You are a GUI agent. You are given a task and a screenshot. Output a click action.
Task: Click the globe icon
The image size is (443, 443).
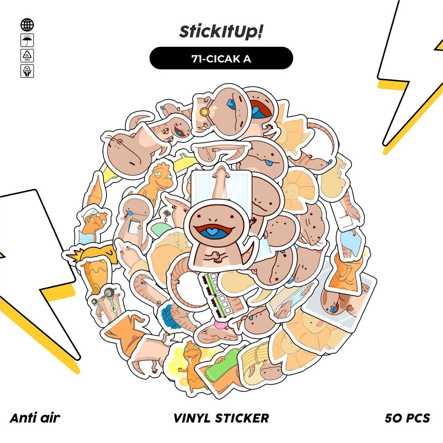click(27, 25)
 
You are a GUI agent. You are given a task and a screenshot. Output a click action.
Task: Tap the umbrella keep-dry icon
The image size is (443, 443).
click(27, 40)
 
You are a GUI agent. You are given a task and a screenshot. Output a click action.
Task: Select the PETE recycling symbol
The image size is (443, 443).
click(27, 55)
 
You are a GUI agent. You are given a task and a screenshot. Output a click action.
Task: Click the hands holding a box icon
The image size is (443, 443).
click(27, 71)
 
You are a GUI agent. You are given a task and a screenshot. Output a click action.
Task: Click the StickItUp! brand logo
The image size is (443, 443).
click(221, 32)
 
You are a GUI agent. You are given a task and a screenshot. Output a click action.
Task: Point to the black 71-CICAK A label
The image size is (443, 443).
click(221, 58)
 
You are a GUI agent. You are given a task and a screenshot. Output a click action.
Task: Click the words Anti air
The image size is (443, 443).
click(35, 418)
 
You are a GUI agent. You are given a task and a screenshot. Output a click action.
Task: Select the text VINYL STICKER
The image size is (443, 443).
click(221, 418)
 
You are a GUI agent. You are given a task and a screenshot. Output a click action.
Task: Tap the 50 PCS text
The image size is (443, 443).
click(407, 418)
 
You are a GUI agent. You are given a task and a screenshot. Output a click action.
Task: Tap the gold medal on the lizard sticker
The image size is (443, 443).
click(205, 112)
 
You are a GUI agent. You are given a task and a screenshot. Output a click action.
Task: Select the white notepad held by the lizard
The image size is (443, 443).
click(135, 227)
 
